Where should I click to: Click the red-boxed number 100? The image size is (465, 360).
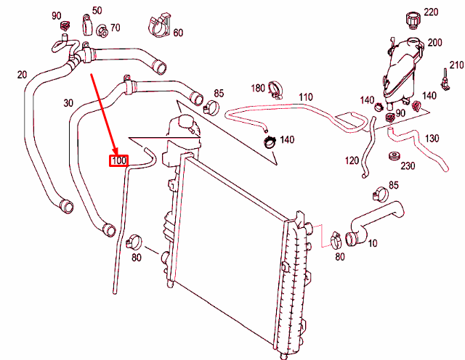click(118, 160)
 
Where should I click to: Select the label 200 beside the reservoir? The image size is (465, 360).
click(434, 43)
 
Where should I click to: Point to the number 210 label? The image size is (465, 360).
click(456, 66)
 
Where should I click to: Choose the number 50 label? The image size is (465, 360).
click(97, 10)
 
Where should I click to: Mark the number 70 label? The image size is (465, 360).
click(115, 28)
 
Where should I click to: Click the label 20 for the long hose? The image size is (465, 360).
click(21, 75)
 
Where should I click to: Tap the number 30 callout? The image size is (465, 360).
click(68, 103)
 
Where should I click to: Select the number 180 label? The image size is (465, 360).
click(258, 88)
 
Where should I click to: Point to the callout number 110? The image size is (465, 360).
click(305, 97)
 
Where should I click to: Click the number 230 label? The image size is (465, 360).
click(408, 165)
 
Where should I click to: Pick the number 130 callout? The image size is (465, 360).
click(432, 138)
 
